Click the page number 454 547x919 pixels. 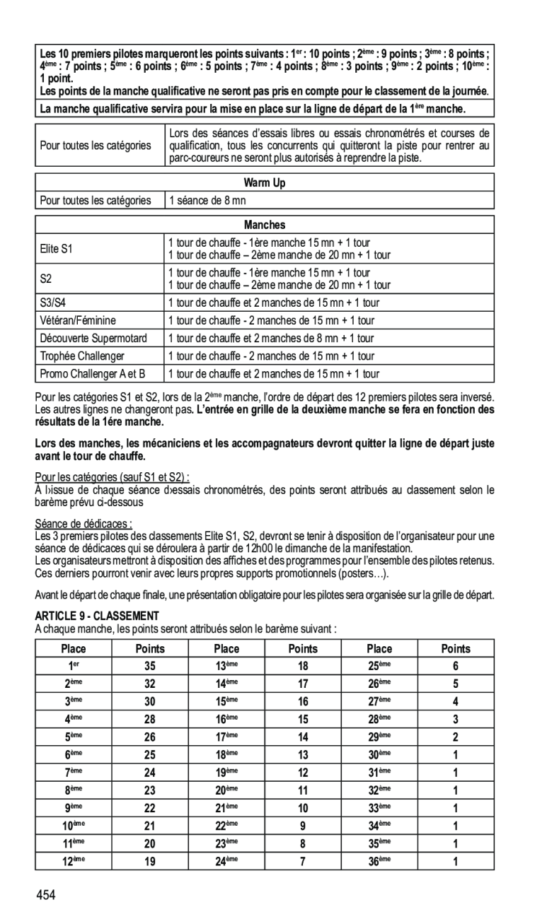[x=47, y=896]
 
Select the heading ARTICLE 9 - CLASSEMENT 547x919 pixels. [x=98, y=616]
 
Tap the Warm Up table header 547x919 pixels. [x=265, y=183]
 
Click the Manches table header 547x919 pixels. [x=265, y=225]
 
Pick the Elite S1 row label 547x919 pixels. [x=57, y=249]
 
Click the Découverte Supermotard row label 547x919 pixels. [x=93, y=338]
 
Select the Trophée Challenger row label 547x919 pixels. [x=82, y=356]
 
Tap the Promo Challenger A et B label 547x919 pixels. [x=93, y=373]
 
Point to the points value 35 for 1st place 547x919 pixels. [x=149, y=666]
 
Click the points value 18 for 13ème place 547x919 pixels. [x=303, y=666]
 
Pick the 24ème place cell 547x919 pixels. [x=226, y=861]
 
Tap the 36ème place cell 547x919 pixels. [x=379, y=861]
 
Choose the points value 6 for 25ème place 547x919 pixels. [x=456, y=666]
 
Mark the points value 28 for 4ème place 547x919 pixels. [x=149, y=719]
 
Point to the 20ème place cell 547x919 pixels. [x=226, y=790]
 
